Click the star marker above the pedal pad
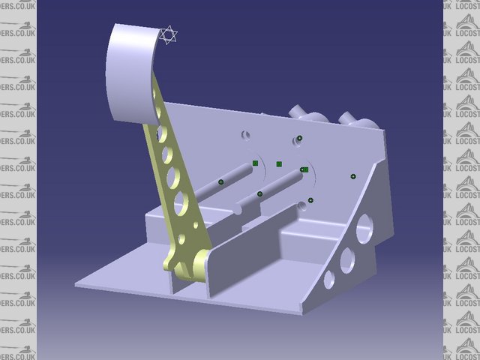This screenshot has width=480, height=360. pos(169,34)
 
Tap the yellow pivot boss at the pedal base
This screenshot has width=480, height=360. pos(200,262)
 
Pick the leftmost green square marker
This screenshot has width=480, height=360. pos(255,163)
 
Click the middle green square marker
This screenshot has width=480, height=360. pos(278,163)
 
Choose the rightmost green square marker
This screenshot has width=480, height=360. pos(305,169)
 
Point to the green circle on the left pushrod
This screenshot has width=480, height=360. pos(221,181)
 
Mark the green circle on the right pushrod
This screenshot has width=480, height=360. pos(259,194)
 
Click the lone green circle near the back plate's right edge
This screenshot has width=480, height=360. pos(353,176)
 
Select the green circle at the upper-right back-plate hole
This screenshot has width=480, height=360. pos(299,138)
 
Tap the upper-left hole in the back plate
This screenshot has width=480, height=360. pos(245,136)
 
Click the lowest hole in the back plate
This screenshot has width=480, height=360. pos(302,203)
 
